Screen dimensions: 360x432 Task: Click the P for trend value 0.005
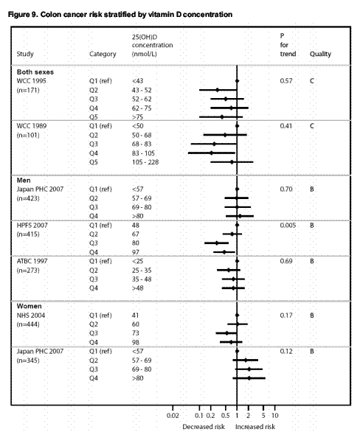(x=288, y=226)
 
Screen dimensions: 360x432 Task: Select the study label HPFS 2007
(x=32, y=226)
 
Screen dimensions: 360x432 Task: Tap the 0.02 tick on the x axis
(x=173, y=408)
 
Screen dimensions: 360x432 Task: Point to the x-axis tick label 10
(x=275, y=415)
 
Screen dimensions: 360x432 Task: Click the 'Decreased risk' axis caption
(x=204, y=427)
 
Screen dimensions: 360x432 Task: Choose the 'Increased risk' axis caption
(x=255, y=427)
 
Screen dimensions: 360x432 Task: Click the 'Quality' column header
(x=320, y=54)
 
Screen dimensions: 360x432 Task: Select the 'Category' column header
(x=103, y=54)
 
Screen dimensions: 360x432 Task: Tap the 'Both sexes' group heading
(x=35, y=72)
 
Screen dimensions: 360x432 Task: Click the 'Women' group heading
(x=30, y=306)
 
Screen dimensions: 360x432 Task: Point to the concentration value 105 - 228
(x=145, y=162)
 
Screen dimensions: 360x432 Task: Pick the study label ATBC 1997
(x=32, y=261)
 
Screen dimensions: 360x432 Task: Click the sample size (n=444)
(x=28, y=324)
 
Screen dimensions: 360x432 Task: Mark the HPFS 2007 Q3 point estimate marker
(x=217, y=243)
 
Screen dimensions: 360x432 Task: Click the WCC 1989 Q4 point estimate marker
(x=212, y=153)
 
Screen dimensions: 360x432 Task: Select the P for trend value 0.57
(x=286, y=81)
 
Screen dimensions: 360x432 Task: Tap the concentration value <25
(x=137, y=261)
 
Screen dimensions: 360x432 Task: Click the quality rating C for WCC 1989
(x=312, y=126)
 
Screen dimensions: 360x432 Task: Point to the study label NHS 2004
(x=30, y=316)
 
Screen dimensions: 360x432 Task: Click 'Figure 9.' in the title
(x=23, y=14)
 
